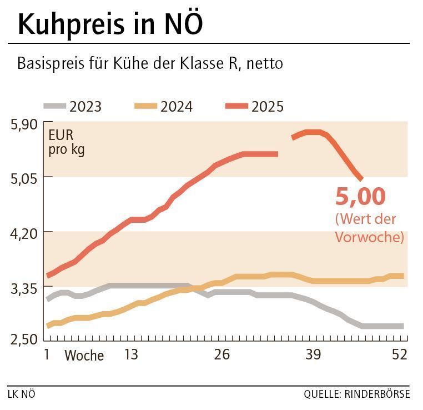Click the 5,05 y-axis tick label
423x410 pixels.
click(24, 178)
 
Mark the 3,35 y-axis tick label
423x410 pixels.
click(24, 288)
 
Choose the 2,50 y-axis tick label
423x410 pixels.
click(24, 338)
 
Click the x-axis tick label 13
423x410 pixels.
click(130, 354)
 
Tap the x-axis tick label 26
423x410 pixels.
click(221, 354)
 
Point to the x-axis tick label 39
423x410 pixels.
click(313, 354)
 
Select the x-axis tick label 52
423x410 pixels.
click(400, 354)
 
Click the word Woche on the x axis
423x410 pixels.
click(84, 356)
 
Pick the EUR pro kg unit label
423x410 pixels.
click(67, 143)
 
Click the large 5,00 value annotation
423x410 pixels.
click(360, 197)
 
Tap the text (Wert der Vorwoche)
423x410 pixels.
click(369, 228)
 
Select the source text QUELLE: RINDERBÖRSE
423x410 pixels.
click(356, 394)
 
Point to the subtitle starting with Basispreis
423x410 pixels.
click(150, 63)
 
